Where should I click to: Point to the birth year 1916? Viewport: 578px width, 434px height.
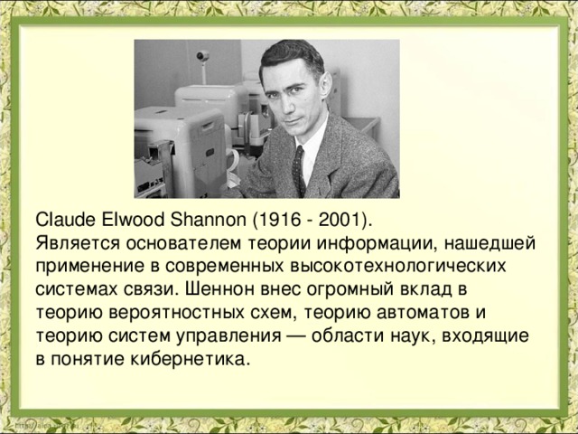point(277,221)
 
